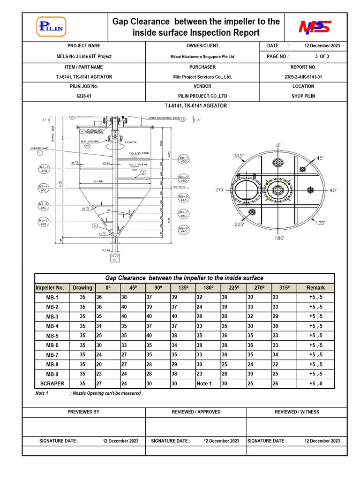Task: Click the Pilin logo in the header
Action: pyautogui.click(x=52, y=27)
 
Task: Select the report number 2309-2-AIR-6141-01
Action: pyautogui.click(x=303, y=77)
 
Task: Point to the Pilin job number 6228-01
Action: pyautogui.click(x=84, y=96)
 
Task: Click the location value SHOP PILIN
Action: pyautogui.click(x=303, y=96)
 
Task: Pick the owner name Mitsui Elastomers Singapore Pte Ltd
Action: pyautogui.click(x=202, y=56)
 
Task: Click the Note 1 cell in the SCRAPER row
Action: pyautogui.click(x=204, y=383)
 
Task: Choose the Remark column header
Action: pyautogui.click(x=315, y=288)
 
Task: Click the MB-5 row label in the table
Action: pyautogui.click(x=52, y=336)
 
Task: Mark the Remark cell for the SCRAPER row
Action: pyautogui.click(x=315, y=383)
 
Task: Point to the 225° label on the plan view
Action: pyautogui.click(x=240, y=225)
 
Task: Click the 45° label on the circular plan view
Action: pyautogui.click(x=320, y=158)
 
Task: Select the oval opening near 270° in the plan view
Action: pyautogui.click(x=246, y=191)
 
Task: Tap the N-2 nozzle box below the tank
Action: pyautogui.click(x=115, y=257)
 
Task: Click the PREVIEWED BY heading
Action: pyautogui.click(x=83, y=412)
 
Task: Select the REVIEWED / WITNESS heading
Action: pyautogui.click(x=297, y=412)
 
